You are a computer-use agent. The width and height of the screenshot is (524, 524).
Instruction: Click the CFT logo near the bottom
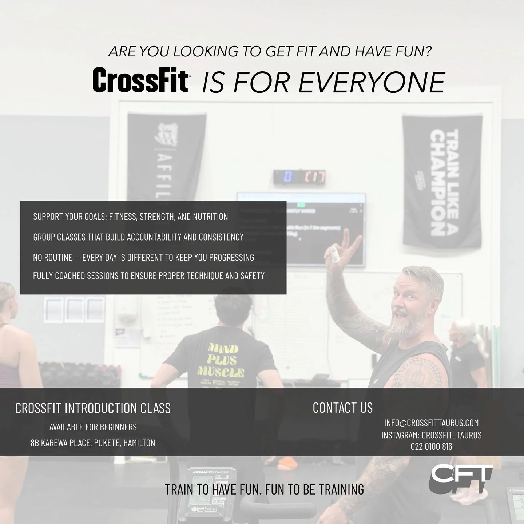[461, 479]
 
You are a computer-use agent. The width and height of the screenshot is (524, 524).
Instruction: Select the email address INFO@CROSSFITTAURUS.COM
[431, 423]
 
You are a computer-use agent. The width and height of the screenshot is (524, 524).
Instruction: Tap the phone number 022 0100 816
[431, 446]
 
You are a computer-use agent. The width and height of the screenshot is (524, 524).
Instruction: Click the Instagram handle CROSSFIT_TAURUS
[451, 435]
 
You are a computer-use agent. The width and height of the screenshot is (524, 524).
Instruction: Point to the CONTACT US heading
[342, 408]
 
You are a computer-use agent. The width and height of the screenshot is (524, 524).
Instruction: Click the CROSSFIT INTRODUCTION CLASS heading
[93, 408]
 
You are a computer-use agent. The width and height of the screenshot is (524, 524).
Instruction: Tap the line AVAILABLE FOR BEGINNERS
[93, 427]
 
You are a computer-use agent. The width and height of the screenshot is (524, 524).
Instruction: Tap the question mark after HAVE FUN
[428, 52]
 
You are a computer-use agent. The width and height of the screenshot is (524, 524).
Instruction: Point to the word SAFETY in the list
[252, 276]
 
